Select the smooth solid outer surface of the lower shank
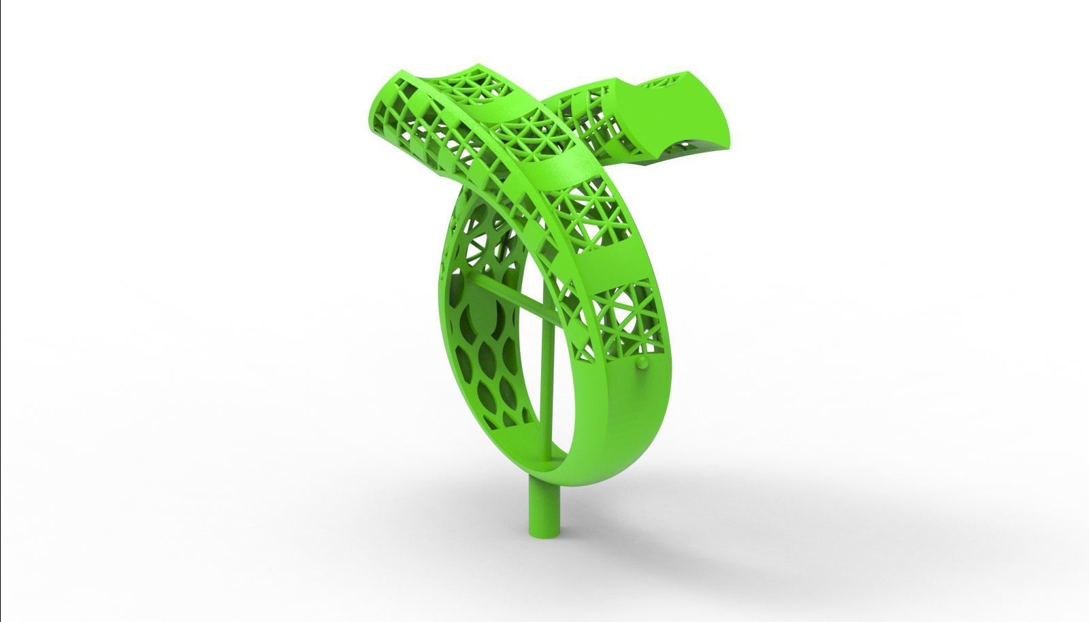click(x=613, y=436)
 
